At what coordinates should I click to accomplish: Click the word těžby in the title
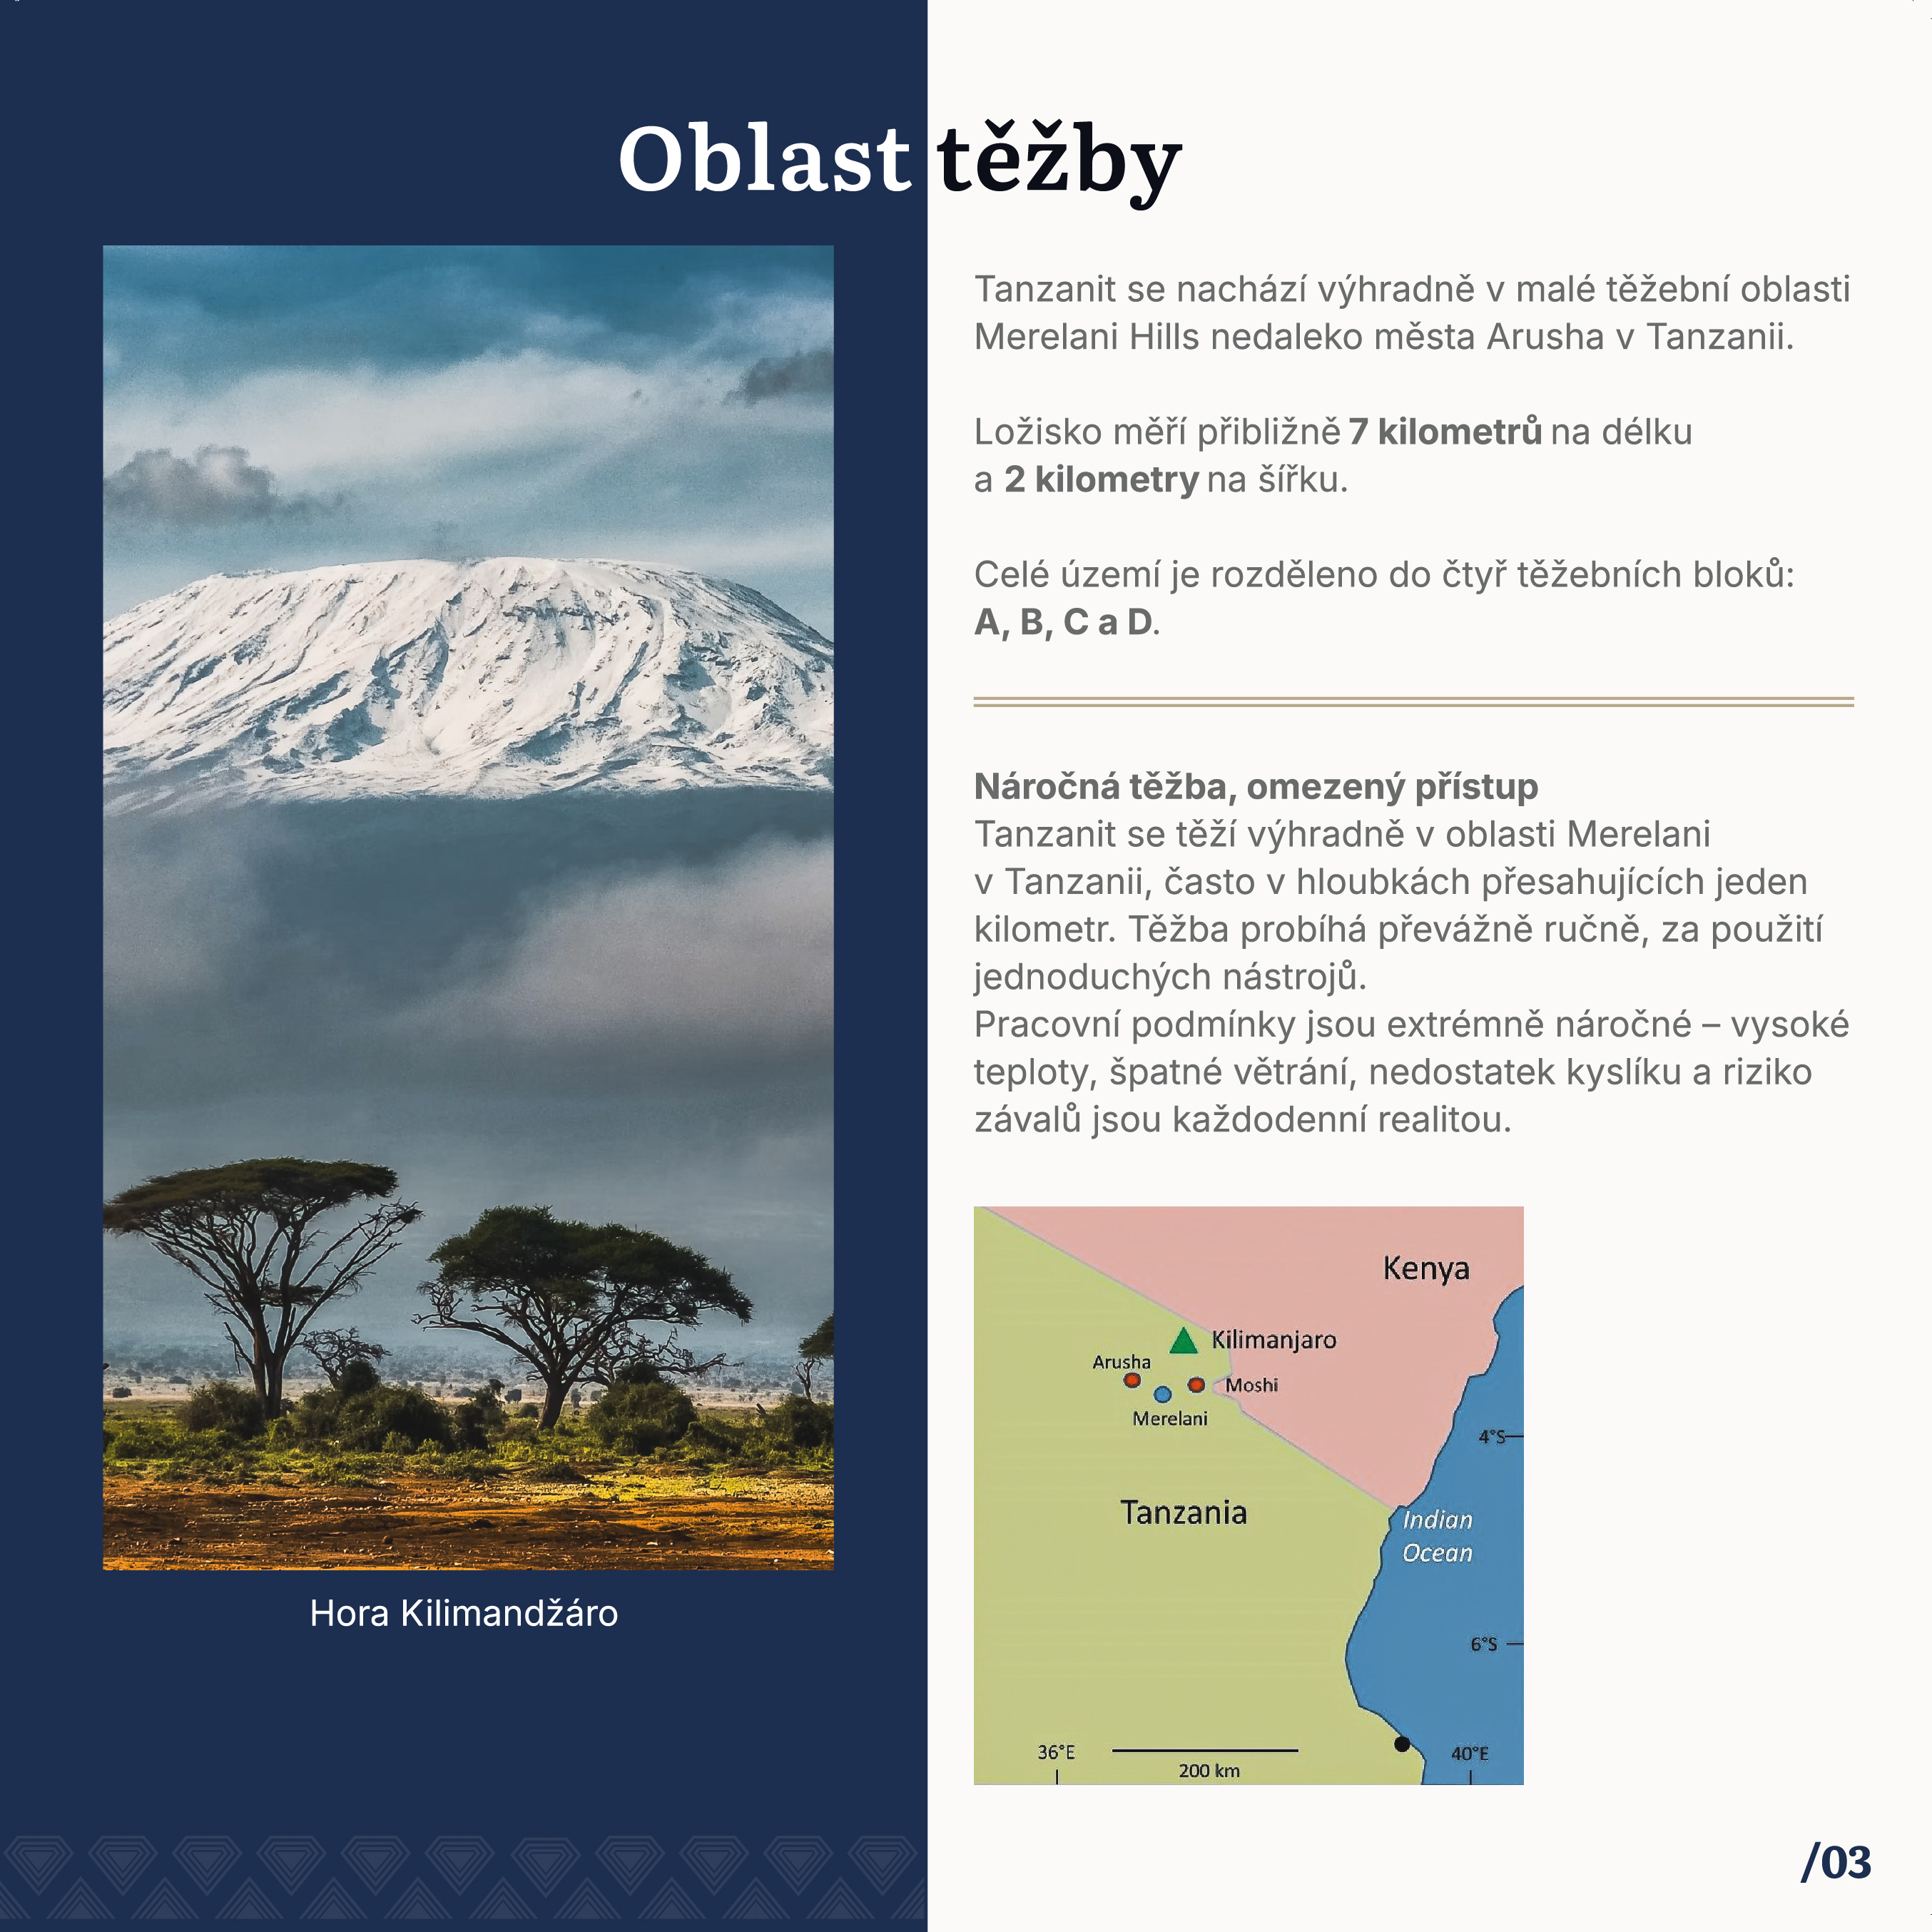(1060, 162)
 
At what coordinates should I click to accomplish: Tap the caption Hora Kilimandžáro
(464, 1613)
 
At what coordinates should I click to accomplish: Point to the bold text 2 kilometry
(1101, 480)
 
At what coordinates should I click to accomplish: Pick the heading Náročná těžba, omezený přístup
(1256, 787)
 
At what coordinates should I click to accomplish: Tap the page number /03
(1836, 1863)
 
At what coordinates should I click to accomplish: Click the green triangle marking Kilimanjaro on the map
(1184, 1341)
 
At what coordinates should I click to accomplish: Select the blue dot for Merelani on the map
(1162, 1394)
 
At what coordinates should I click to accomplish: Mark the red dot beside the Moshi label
(1196, 1385)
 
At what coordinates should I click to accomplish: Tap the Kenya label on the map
(1426, 1269)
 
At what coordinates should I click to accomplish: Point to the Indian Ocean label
(1437, 1536)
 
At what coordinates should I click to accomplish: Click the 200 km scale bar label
(1209, 1771)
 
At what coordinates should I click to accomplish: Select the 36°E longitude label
(1056, 1752)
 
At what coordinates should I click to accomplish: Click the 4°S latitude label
(1492, 1437)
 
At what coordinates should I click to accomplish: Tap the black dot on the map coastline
(1402, 1744)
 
